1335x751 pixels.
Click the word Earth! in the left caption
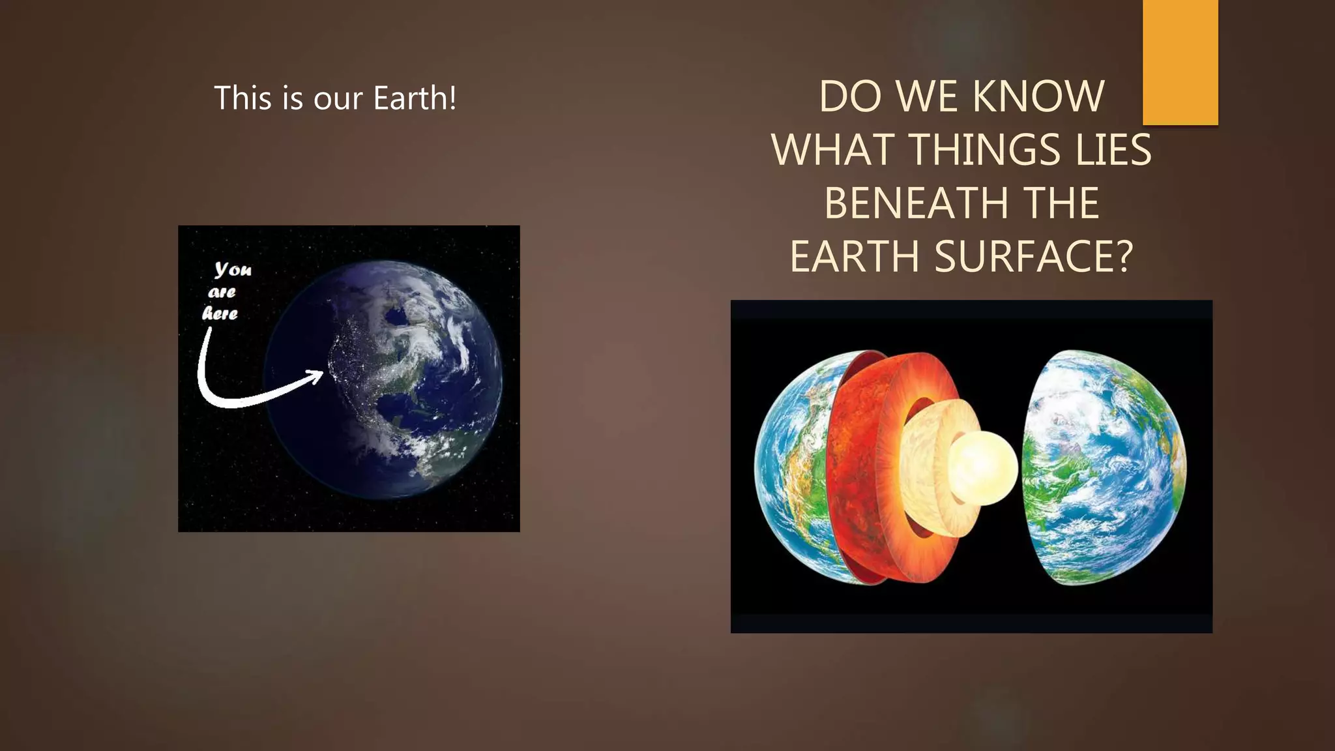(415, 98)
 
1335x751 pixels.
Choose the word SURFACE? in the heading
(1034, 256)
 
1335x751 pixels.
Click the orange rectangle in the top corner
(1180, 62)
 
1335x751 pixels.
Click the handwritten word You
(233, 269)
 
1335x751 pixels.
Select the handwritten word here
(220, 314)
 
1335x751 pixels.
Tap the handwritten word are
(222, 292)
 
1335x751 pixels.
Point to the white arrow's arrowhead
(315, 376)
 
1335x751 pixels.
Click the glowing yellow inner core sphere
(983, 467)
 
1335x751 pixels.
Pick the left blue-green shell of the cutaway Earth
(789, 469)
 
